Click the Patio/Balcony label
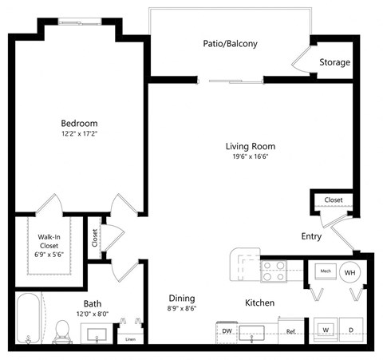pyautogui.click(x=230, y=43)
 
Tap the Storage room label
pyautogui.click(x=334, y=62)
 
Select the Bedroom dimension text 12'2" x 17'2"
pyautogui.click(x=79, y=135)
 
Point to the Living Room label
pyautogui.click(x=250, y=146)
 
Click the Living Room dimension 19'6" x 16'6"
pyautogui.click(x=250, y=157)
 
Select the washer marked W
pyautogui.click(x=326, y=329)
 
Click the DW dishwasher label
pyautogui.click(x=227, y=330)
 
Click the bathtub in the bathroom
pyautogui.click(x=28, y=322)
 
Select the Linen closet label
pyautogui.click(x=129, y=338)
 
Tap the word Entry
pyautogui.click(x=311, y=236)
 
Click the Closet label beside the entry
pyautogui.click(x=334, y=200)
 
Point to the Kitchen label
pyautogui.click(x=260, y=303)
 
